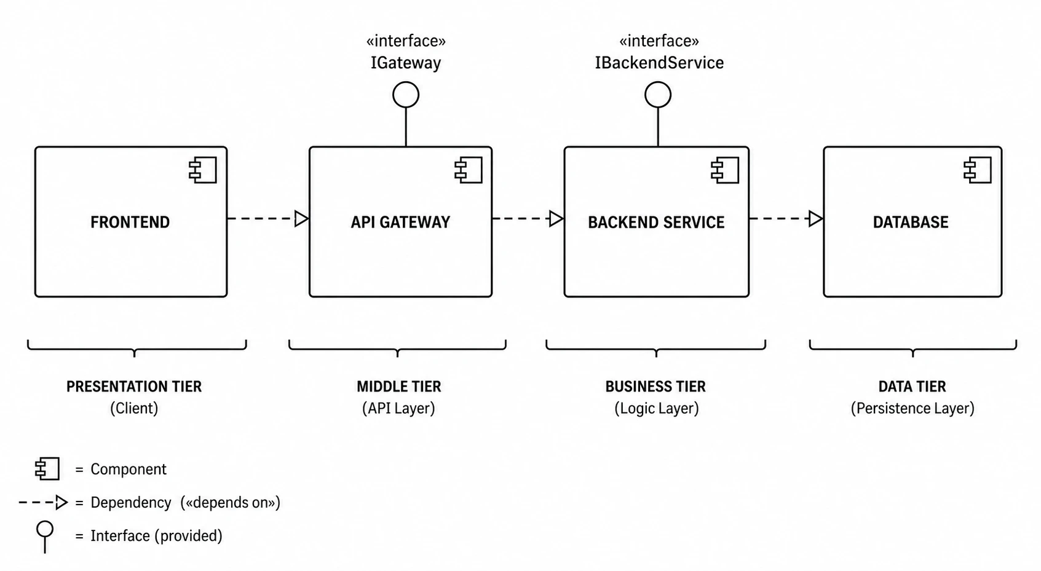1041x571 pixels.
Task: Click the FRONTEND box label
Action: (130, 222)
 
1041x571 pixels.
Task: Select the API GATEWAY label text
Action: (400, 222)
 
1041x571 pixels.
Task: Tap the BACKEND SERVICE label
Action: (656, 222)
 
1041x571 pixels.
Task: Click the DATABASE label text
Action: (911, 222)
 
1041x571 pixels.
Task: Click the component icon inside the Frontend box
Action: (203, 170)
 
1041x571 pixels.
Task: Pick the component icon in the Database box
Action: (978, 170)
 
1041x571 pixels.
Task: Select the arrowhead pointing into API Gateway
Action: (302, 218)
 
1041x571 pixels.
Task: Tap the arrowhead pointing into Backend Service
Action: (556, 218)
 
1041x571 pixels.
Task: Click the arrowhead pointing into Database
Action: (816, 218)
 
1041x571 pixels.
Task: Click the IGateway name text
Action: (406, 63)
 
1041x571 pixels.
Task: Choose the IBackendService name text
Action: (659, 63)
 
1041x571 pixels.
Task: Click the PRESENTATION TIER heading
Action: (134, 387)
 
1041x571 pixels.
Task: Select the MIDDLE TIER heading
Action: (398, 387)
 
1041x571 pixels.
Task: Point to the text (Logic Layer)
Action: (656, 408)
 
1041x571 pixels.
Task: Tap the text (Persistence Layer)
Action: (912, 408)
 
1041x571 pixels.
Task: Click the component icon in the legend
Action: (47, 469)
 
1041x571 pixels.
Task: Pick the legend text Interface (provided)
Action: (156, 536)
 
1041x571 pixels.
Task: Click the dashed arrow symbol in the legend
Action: (43, 502)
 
